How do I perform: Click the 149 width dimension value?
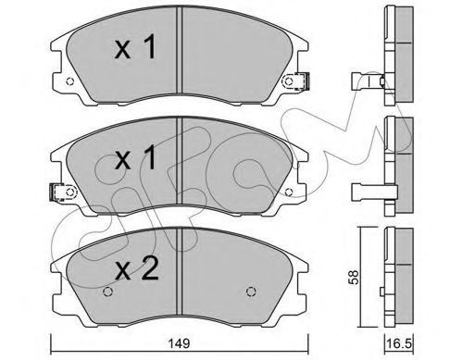180,343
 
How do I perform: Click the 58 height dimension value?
354,277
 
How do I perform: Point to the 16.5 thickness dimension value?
399,343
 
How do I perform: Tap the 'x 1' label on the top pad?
135,47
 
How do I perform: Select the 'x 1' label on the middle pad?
135,158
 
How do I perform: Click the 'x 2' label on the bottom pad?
137,268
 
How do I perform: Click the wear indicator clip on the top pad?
301,81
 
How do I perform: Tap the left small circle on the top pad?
70,81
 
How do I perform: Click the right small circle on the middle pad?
289,192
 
